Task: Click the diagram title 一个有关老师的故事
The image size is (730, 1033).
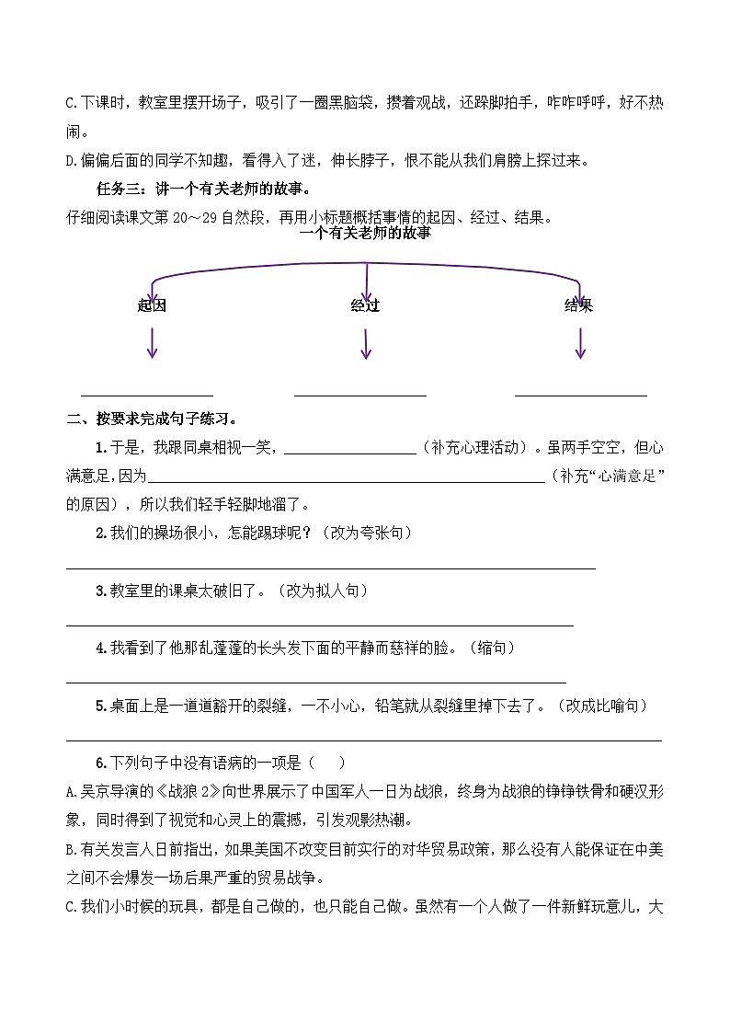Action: (365, 234)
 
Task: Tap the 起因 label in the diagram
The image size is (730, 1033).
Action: (152, 305)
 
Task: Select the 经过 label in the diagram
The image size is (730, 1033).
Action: (365, 305)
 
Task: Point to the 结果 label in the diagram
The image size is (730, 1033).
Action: (578, 305)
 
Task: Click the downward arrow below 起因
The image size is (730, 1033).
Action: (152, 343)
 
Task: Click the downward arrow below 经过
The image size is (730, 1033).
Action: (366, 343)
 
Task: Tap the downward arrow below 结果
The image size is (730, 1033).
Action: (580, 343)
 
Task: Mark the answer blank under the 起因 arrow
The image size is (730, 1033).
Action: (147, 394)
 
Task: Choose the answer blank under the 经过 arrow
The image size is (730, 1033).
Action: (360, 394)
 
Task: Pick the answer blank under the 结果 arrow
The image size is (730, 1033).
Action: (581, 394)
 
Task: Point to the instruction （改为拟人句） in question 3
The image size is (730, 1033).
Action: (323, 591)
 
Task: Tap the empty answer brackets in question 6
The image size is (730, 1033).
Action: (327, 763)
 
